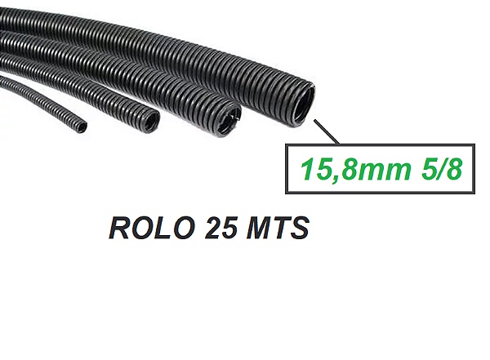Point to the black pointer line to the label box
tap(325, 133)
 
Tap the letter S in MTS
tap(299, 228)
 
